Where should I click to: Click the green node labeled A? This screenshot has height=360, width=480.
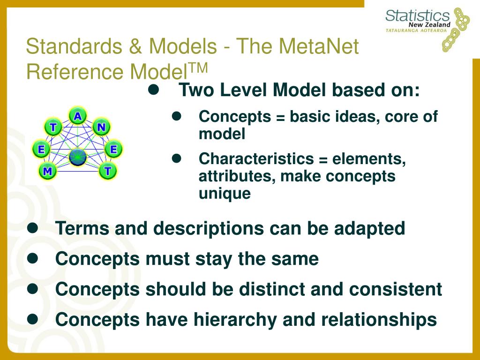point(78,116)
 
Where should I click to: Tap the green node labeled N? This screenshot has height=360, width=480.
point(101,127)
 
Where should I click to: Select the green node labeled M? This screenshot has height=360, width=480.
point(47,171)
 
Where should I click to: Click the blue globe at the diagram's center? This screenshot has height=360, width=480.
point(78,157)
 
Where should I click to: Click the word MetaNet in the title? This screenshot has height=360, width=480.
point(318,46)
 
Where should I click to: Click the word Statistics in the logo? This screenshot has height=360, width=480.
point(417,15)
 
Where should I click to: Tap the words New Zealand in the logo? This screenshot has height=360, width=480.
point(429,24)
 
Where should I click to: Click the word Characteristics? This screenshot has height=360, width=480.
point(256,158)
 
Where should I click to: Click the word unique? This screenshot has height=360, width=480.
point(225,194)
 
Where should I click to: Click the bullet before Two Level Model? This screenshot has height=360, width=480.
point(154,90)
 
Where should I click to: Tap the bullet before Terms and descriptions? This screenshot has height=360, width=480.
point(32,228)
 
